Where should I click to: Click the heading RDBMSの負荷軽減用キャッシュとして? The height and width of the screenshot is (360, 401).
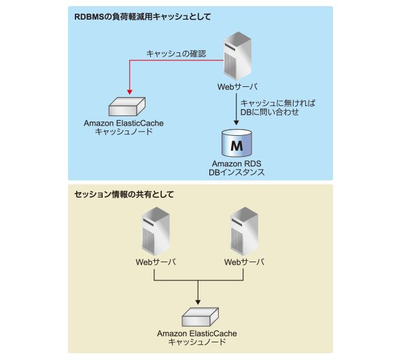pyautogui.click(x=143, y=17)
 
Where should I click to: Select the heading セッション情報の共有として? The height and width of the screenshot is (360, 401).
pyautogui.click(x=124, y=194)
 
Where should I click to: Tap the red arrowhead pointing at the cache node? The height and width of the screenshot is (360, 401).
pyautogui.click(x=130, y=92)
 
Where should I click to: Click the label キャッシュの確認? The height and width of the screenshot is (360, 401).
pyautogui.click(x=176, y=54)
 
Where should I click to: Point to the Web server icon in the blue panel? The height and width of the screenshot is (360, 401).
pyautogui.click(x=237, y=56)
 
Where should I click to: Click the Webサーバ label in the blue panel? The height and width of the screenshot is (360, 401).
pyautogui.click(x=237, y=87)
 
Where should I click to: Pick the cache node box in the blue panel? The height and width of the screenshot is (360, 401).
pyautogui.click(x=127, y=107)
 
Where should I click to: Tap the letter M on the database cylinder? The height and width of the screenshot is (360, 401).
pyautogui.click(x=237, y=145)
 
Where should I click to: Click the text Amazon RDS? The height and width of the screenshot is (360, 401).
pyautogui.click(x=237, y=164)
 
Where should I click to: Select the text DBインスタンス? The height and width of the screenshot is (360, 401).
pyautogui.click(x=237, y=173)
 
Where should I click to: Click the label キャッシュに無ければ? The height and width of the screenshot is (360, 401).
pyautogui.click(x=278, y=103)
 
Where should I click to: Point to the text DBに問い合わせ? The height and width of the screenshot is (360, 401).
pyautogui.click(x=270, y=112)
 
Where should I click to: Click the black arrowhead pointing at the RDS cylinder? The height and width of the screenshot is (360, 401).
pyautogui.click(x=237, y=123)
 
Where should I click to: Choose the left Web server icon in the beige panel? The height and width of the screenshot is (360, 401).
pyautogui.click(x=156, y=231)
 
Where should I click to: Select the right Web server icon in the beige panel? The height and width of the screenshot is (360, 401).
pyautogui.click(x=244, y=231)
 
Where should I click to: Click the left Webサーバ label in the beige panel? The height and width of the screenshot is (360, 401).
pyautogui.click(x=156, y=262)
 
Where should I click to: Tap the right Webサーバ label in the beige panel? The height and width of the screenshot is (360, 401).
pyautogui.click(x=244, y=262)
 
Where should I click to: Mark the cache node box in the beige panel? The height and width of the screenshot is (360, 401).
pyautogui.click(x=201, y=317)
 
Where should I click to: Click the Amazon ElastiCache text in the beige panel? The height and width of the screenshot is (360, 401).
pyautogui.click(x=197, y=334)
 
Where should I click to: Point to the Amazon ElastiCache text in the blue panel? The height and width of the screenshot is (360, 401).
pyautogui.click(x=124, y=123)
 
